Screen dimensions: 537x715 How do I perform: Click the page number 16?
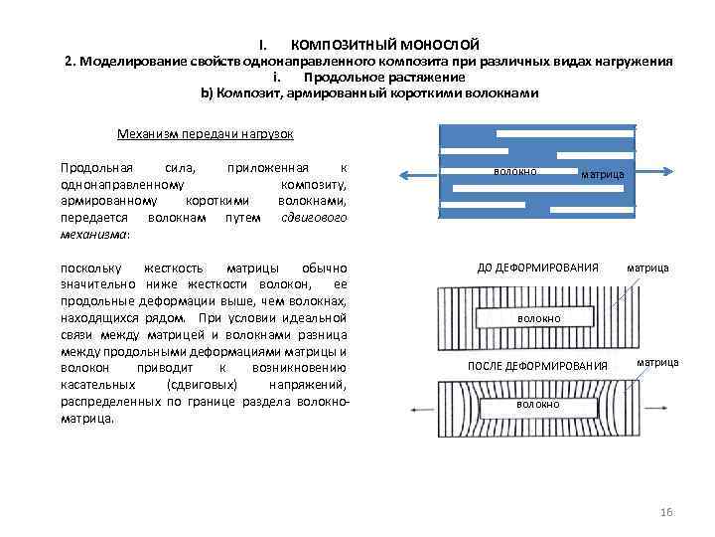point(666,511)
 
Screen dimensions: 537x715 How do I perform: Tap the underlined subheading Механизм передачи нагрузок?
point(205,133)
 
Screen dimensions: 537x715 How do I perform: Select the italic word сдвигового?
point(315,216)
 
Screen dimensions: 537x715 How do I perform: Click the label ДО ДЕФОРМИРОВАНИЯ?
point(537,268)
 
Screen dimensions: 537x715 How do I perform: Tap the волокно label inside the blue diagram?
point(514,171)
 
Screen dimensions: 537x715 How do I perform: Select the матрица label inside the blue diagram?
point(602,174)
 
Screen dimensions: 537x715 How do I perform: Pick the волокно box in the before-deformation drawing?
point(537,318)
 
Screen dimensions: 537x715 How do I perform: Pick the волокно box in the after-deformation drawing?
point(537,405)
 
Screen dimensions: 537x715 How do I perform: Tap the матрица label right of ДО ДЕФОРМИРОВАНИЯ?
point(647,268)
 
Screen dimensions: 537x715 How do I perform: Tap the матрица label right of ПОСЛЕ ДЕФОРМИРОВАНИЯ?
point(657,362)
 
